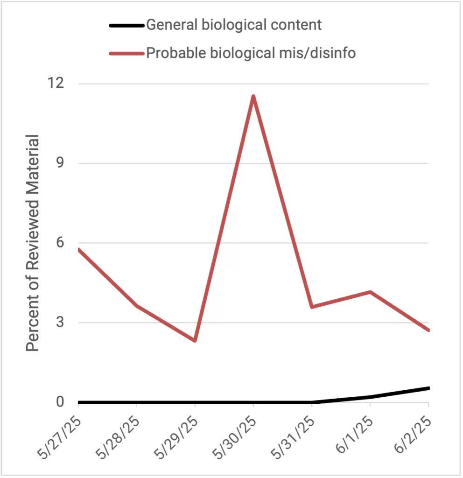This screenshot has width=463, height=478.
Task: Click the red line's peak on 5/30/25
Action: click(x=253, y=96)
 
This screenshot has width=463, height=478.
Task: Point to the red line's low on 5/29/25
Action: click(x=195, y=341)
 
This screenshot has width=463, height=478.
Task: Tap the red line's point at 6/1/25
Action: click(x=370, y=292)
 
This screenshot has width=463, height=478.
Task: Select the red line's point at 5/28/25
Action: click(x=136, y=306)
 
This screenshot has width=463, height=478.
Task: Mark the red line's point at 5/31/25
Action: click(x=312, y=307)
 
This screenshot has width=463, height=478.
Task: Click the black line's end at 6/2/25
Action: click(x=428, y=388)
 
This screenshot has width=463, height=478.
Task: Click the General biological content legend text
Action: click(x=234, y=25)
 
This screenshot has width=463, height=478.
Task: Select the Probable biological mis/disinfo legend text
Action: click(x=251, y=53)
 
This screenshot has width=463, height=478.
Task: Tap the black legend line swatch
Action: click(x=126, y=25)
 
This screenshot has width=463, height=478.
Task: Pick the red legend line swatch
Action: click(x=126, y=53)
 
